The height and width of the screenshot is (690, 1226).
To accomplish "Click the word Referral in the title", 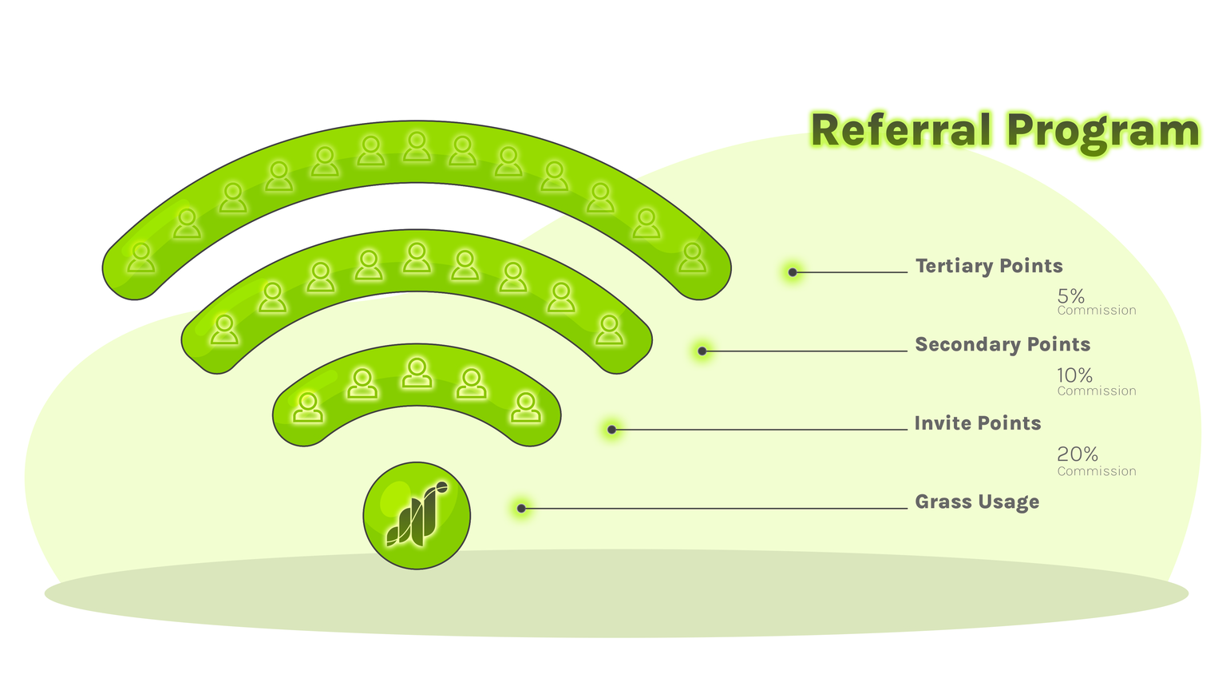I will tap(901, 131).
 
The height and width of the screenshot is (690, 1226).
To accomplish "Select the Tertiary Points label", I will tap(989, 266).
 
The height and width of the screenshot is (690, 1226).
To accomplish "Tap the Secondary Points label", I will tap(1003, 344).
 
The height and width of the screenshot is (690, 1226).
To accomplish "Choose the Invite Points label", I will tap(978, 423).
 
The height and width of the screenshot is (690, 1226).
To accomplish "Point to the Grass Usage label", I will tap(977, 502).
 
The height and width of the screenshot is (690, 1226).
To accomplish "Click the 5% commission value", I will tap(1071, 297).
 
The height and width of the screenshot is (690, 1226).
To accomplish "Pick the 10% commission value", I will tap(1074, 375).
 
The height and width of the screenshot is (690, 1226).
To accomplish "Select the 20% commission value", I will tap(1078, 454).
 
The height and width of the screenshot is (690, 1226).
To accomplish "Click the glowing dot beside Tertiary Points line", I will tap(793, 272).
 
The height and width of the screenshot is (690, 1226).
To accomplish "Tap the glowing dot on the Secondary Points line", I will tap(702, 351).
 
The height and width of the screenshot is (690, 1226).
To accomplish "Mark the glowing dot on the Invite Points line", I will tap(612, 430).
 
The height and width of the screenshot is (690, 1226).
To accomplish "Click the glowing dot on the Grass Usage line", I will tap(521, 508).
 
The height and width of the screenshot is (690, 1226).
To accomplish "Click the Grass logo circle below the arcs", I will tap(417, 516).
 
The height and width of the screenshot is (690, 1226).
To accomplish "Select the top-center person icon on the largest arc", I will tap(417, 147).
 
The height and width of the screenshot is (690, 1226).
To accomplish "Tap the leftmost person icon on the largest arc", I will tap(141, 257).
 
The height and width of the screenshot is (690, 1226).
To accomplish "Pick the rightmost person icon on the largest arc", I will tap(692, 257).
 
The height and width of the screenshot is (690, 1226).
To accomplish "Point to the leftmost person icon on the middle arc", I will tap(224, 329).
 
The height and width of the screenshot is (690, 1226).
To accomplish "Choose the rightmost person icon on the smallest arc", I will tap(525, 406).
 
